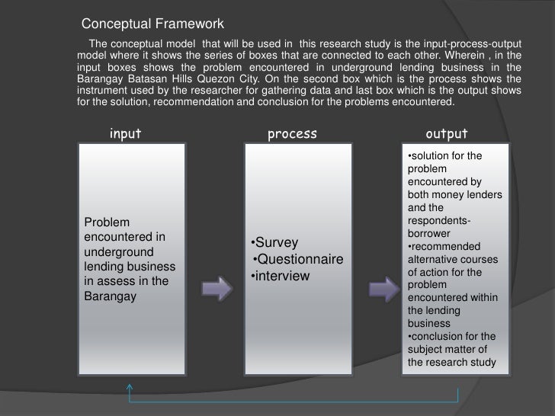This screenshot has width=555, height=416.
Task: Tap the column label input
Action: coord(125,134)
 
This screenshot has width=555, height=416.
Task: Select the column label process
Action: coord(292,134)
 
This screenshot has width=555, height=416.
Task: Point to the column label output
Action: coord(446,134)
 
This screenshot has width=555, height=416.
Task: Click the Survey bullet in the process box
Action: coord(271,245)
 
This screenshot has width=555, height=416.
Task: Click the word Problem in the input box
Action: coord(107,222)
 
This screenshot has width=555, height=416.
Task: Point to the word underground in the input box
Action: coord(118,251)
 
